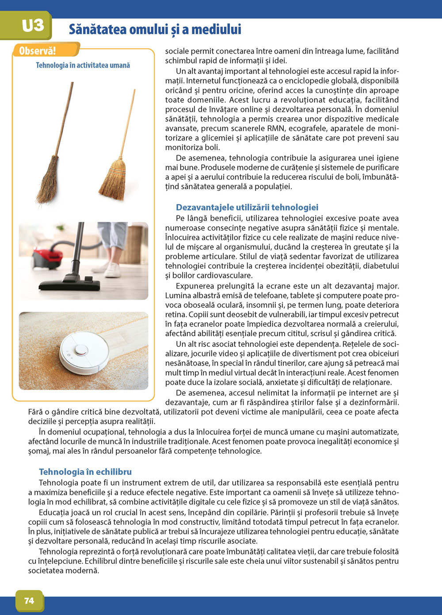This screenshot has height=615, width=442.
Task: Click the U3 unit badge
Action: click(x=32, y=25)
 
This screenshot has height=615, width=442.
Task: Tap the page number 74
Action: click(x=29, y=600)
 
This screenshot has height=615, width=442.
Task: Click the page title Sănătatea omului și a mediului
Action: click(x=155, y=30)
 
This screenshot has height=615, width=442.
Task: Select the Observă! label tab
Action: click(x=38, y=51)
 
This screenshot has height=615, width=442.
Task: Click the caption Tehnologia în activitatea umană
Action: click(x=83, y=65)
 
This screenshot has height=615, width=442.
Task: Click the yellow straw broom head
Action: click(x=113, y=180)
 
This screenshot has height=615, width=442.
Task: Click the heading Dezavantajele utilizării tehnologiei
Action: click(x=247, y=207)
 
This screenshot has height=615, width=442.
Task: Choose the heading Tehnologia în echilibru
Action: click(x=85, y=472)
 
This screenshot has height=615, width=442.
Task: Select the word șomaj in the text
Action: click(x=38, y=451)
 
